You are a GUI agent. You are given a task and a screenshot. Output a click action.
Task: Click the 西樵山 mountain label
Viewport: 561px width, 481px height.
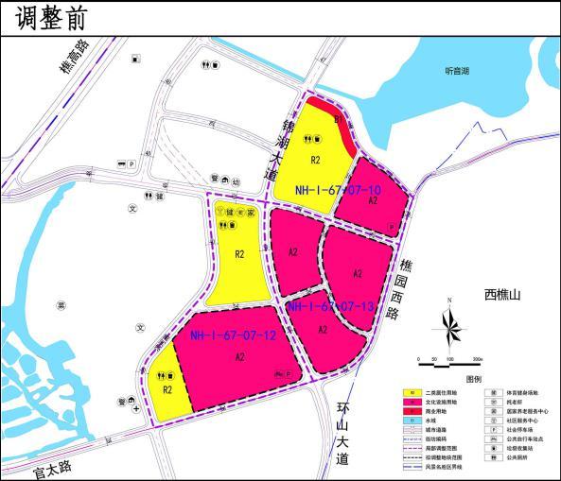(503, 295)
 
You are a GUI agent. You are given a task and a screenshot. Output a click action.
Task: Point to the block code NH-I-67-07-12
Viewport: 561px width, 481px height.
(233, 335)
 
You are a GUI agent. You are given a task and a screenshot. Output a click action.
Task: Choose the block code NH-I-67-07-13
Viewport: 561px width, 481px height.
(330, 306)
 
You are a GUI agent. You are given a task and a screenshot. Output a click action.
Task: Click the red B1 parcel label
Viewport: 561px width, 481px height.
(341, 121)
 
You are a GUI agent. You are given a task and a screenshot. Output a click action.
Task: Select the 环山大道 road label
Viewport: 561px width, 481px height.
(342, 433)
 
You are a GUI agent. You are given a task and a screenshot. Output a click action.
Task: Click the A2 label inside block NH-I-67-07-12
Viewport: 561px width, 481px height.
(240, 356)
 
